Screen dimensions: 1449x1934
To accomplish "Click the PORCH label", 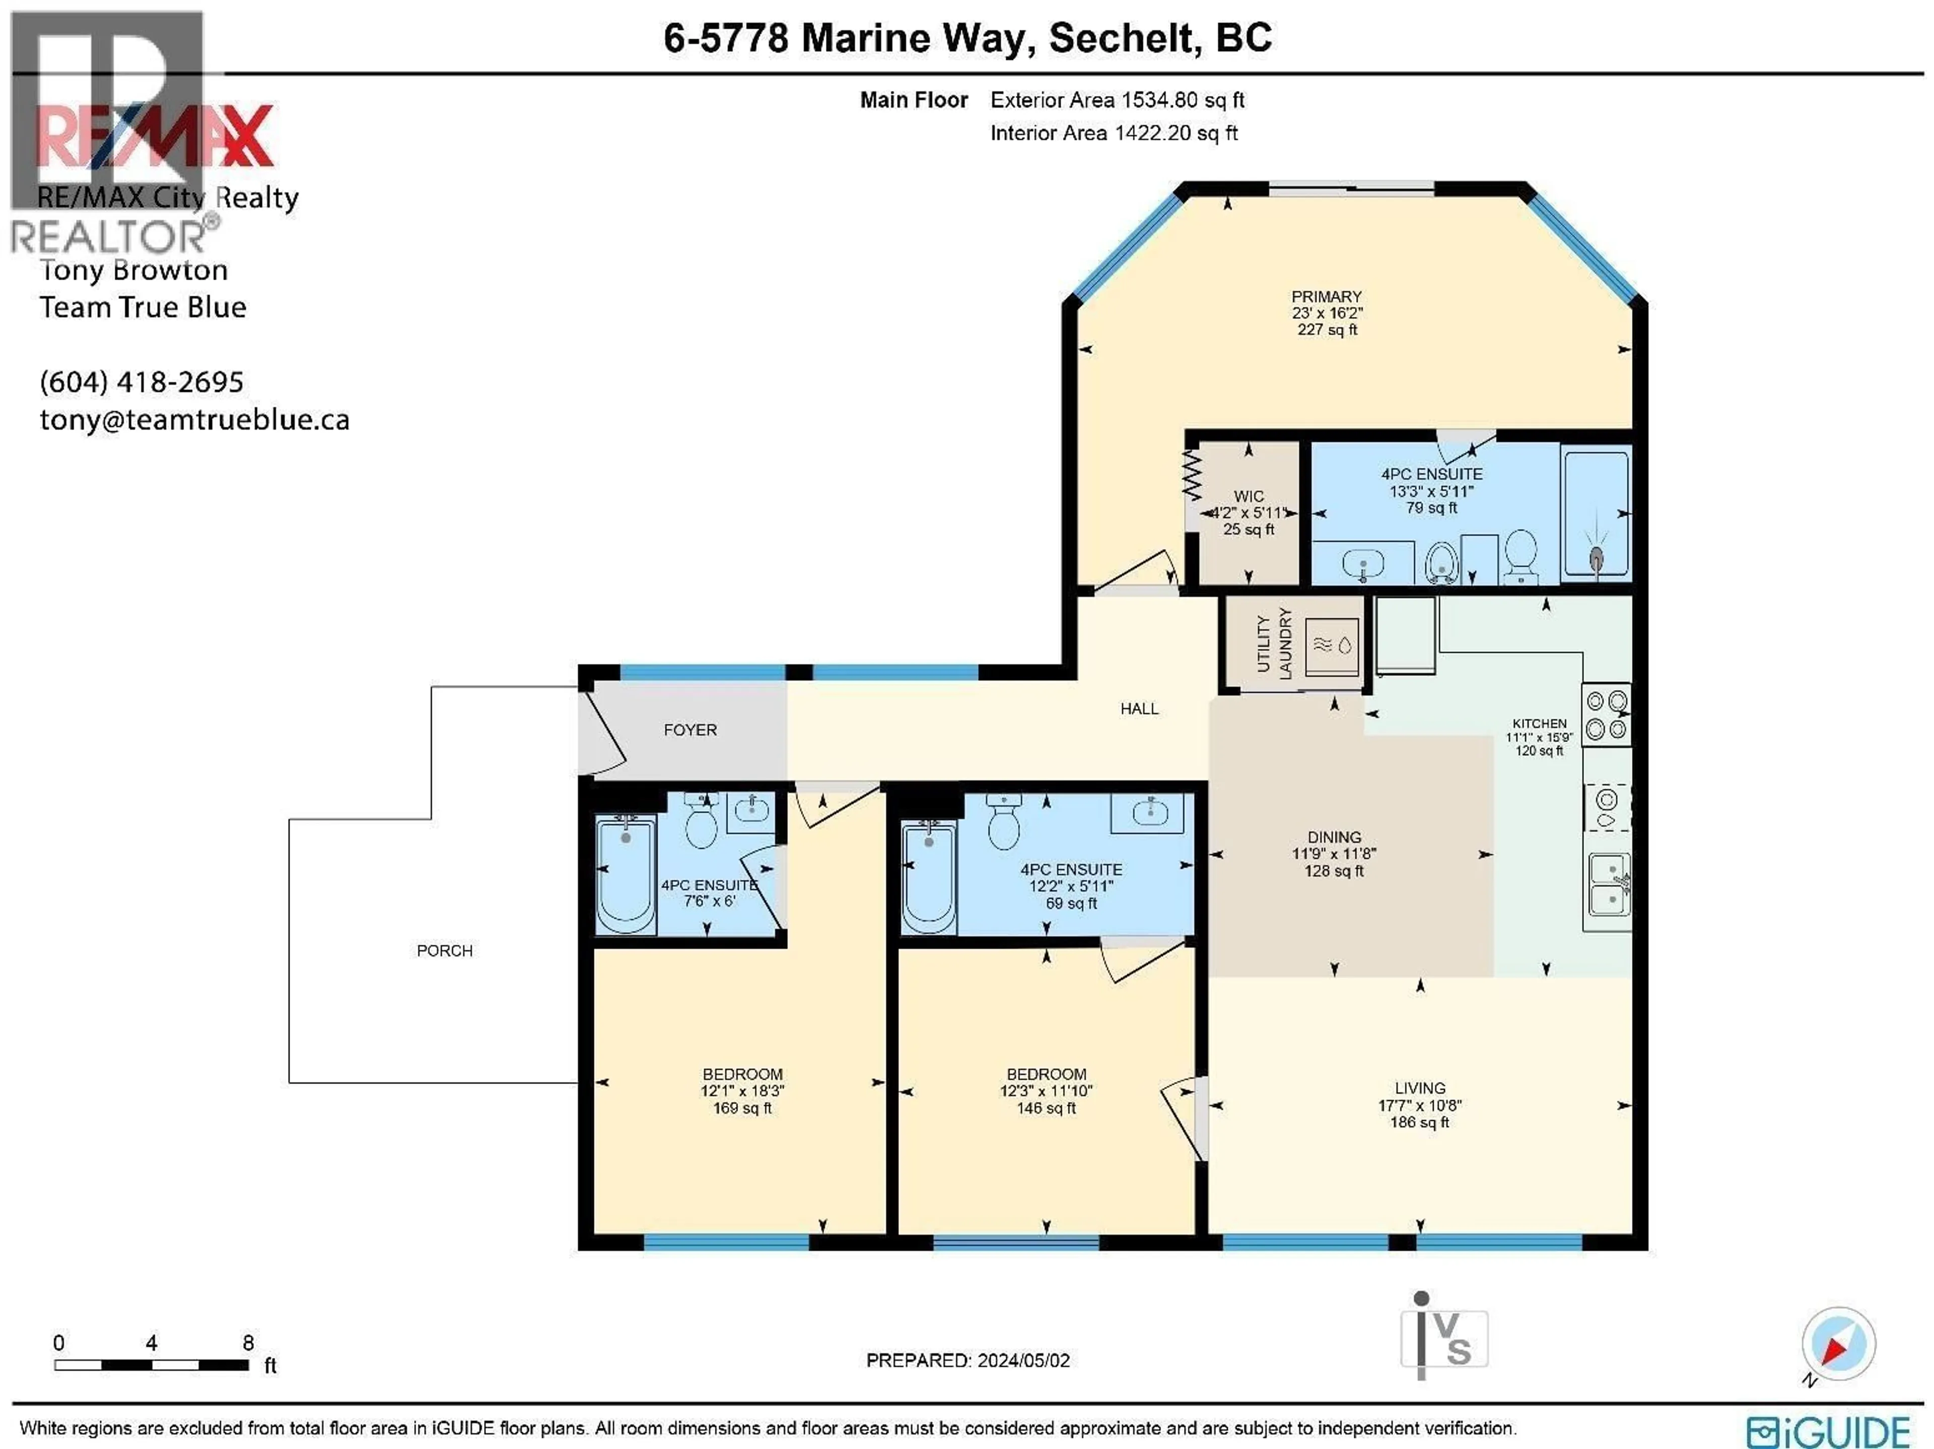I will (x=444, y=951).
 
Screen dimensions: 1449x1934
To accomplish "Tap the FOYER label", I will (x=690, y=730).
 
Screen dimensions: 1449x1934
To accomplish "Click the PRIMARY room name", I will (x=1326, y=296).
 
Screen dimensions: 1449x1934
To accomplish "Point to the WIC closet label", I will (x=1249, y=496).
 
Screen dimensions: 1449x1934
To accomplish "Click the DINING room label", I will (x=1334, y=837).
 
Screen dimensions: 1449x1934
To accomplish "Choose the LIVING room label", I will (x=1420, y=1088).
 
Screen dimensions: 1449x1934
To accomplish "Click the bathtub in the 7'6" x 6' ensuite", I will (x=625, y=875).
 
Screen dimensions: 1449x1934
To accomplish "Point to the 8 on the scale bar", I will (x=248, y=1342).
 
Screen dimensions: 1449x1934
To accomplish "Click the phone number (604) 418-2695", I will (x=142, y=381).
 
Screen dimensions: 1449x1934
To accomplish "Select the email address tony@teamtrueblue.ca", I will (x=194, y=420).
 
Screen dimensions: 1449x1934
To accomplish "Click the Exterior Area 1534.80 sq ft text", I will (x=1117, y=100).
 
